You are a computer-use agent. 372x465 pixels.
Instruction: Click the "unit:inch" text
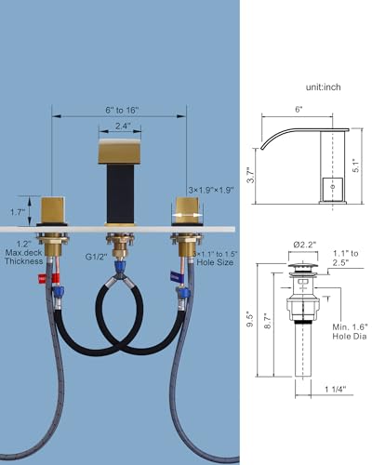324,87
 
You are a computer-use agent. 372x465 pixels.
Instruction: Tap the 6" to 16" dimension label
122,110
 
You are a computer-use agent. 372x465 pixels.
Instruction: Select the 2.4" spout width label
123,126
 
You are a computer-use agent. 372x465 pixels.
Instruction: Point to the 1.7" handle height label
18,212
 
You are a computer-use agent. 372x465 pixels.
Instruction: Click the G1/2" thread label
97,257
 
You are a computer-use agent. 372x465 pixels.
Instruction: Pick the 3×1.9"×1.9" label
211,190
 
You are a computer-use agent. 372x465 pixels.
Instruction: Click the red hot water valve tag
48,278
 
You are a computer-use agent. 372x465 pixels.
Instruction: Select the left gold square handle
53,209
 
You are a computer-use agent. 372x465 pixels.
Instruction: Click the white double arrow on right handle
188,215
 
